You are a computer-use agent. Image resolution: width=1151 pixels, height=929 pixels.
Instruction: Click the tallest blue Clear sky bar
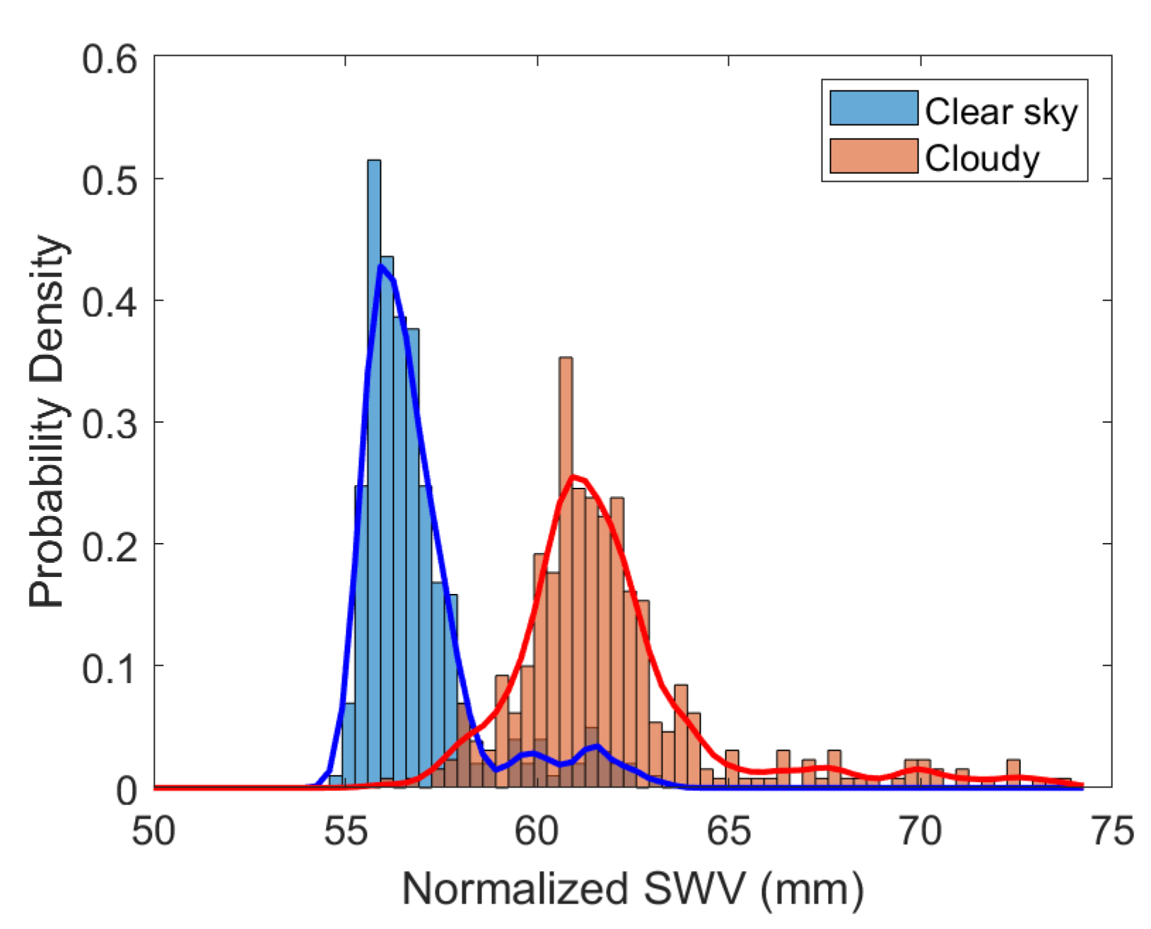pos(374,424)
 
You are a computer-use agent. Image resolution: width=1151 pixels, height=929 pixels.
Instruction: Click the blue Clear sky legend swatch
pos(874,109)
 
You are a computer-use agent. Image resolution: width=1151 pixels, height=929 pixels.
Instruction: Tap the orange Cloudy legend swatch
pos(874,156)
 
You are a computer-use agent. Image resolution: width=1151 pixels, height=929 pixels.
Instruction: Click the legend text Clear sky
pos(1000,112)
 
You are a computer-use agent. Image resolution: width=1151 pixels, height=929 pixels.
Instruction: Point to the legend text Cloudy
pos(982,158)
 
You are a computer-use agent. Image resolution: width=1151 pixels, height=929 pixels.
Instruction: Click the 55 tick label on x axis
pos(346,831)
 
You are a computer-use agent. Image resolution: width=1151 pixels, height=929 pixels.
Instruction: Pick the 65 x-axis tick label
pos(729,831)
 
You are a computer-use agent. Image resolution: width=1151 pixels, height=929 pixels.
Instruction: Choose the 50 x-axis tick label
pos(154,831)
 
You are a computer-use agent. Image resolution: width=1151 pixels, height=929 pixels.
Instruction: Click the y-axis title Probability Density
pos(47,422)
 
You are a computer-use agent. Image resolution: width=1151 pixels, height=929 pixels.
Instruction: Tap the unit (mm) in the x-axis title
pos(812,890)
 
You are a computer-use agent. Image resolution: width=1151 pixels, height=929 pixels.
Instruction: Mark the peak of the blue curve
pos(381,267)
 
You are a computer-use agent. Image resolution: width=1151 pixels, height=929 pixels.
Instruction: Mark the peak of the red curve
pos(573,477)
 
